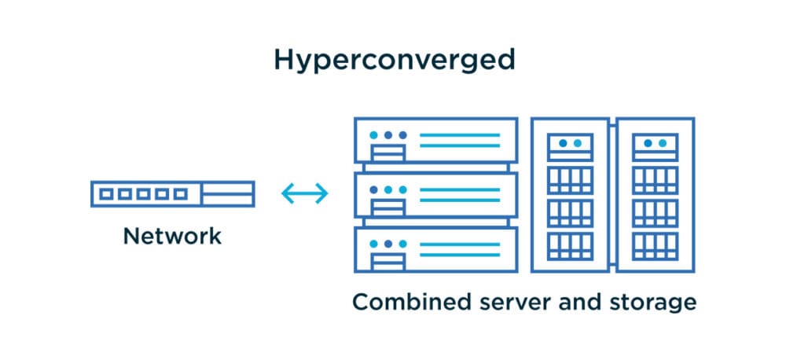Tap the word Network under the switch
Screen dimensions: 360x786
click(172, 235)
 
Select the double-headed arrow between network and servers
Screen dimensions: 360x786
click(304, 193)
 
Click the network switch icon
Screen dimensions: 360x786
click(172, 193)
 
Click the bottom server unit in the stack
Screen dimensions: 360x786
click(435, 249)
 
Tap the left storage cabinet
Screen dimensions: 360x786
click(570, 195)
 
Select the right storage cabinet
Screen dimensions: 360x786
click(655, 195)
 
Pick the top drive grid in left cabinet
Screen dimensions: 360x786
click(570, 180)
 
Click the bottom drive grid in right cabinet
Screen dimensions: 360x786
click(655, 246)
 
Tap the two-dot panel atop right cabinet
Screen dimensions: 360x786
click(655, 145)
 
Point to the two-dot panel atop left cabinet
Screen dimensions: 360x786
click(570, 145)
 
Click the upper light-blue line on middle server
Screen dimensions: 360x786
click(460, 189)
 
